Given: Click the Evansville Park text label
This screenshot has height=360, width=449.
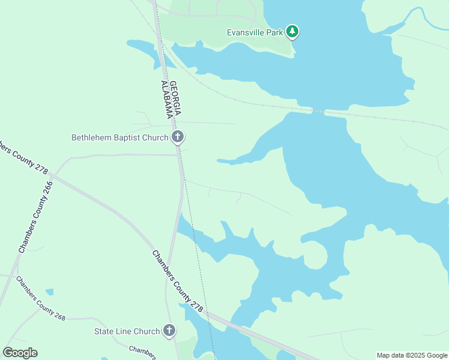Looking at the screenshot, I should tap(255, 32).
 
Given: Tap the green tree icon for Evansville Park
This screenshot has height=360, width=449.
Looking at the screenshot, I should tap(292, 31).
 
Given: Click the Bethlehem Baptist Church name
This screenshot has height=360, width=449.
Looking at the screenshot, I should tap(120, 137).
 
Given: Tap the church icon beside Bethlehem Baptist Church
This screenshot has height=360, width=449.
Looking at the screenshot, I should tap(178, 137).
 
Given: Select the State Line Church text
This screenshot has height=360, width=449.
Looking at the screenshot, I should tap(127, 331).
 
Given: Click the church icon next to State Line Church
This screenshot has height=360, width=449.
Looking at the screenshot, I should tap(170, 331).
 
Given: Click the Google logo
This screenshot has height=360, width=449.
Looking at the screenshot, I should tap(20, 353).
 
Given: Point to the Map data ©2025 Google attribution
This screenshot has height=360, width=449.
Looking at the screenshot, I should tap(412, 355).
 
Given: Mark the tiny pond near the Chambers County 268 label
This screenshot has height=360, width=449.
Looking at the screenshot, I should tap(49, 292).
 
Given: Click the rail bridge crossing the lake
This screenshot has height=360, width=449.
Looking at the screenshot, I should tap(318, 111).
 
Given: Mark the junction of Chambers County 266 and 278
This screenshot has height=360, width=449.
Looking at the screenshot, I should tap(53, 175).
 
